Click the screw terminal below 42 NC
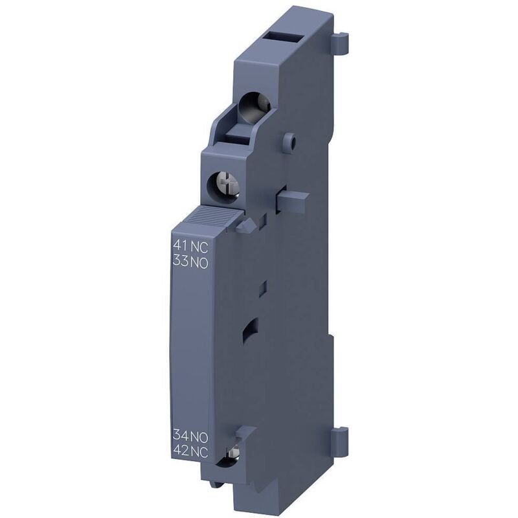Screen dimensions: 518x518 231,461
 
